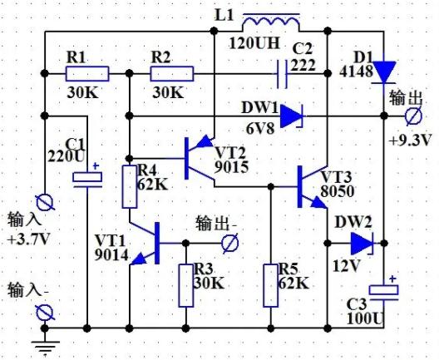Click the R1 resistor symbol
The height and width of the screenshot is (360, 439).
pyautogui.click(x=87, y=74)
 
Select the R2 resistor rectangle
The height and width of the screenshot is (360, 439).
pyautogui.click(x=171, y=74)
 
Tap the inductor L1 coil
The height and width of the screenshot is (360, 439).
pyautogui.click(x=271, y=22)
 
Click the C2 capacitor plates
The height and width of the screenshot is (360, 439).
pyautogui.click(x=282, y=74)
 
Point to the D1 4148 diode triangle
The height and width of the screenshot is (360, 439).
pyautogui.click(x=384, y=72)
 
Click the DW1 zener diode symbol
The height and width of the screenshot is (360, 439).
pyautogui.click(x=292, y=116)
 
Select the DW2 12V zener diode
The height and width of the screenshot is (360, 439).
pyautogui.click(x=363, y=244)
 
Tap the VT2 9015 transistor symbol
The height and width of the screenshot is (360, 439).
pyautogui.click(x=199, y=159)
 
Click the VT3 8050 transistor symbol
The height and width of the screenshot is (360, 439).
pyautogui.click(x=311, y=187)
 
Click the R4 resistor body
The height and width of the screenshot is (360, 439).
pyautogui.click(x=130, y=186)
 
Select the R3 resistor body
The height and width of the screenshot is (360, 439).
pyautogui.click(x=186, y=285)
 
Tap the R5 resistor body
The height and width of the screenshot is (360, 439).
pyautogui.click(x=271, y=285)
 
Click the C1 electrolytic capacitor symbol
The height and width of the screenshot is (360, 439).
pyautogui.click(x=87, y=179)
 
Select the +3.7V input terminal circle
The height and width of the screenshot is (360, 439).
pyautogui.click(x=45, y=202)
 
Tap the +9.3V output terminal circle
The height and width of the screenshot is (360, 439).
pyautogui.click(x=413, y=116)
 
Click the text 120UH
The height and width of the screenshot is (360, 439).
pyautogui.click(x=254, y=43)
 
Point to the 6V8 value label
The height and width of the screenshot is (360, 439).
pyautogui.click(x=260, y=129)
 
